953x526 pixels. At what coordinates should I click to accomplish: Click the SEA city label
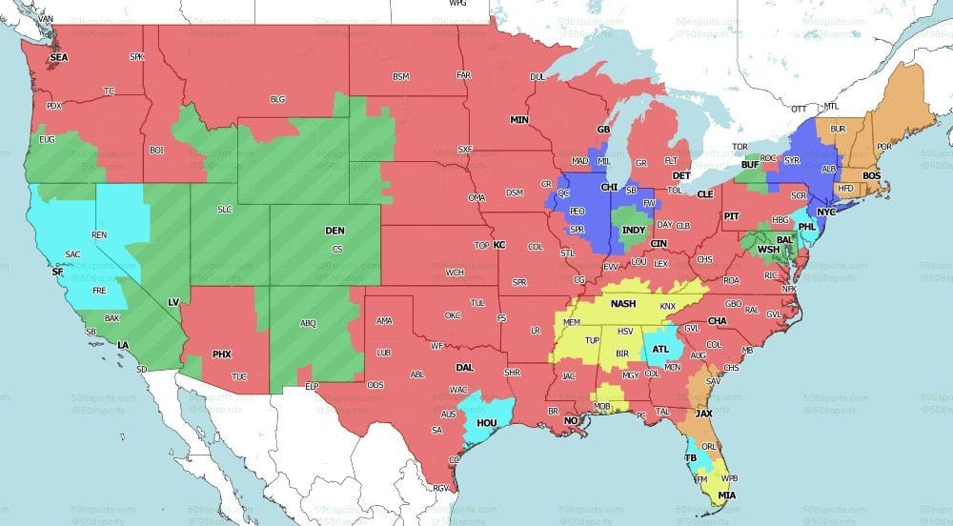pyautogui.click(x=59, y=57)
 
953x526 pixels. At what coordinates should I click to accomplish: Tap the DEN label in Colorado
pyautogui.click(x=335, y=231)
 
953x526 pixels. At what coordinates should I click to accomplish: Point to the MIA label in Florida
pyautogui.click(x=701, y=495)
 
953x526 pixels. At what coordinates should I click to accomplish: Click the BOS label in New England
pyautogui.click(x=872, y=176)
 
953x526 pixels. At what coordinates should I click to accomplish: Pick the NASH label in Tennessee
pyautogui.click(x=623, y=303)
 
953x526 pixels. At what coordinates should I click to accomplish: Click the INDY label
pyautogui.click(x=633, y=230)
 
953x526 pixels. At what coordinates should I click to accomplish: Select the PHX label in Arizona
pyautogui.click(x=221, y=354)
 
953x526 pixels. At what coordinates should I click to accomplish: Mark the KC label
pyautogui.click(x=498, y=245)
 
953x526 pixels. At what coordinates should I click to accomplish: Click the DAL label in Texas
pyautogui.click(x=465, y=366)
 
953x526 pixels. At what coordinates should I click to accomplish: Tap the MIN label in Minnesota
pyautogui.click(x=518, y=120)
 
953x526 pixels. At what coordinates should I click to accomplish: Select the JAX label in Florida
pyautogui.click(x=704, y=415)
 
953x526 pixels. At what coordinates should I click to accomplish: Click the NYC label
pyautogui.click(x=826, y=211)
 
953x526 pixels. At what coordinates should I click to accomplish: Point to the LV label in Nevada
pyautogui.click(x=173, y=301)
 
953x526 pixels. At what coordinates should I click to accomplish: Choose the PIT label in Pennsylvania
pyautogui.click(x=732, y=216)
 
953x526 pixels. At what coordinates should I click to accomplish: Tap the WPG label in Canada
pyautogui.click(x=457, y=4)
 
